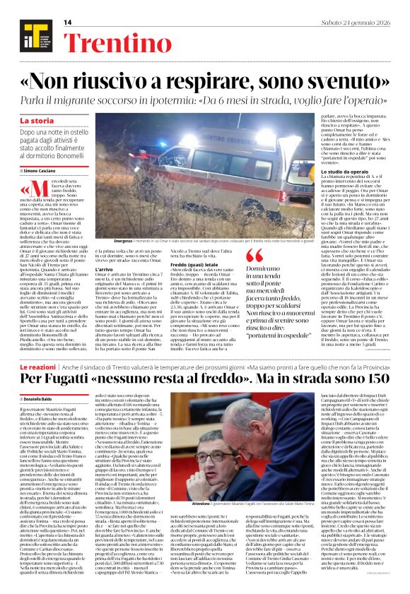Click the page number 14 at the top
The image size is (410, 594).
click(69, 23)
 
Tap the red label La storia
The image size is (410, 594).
click(36, 121)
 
